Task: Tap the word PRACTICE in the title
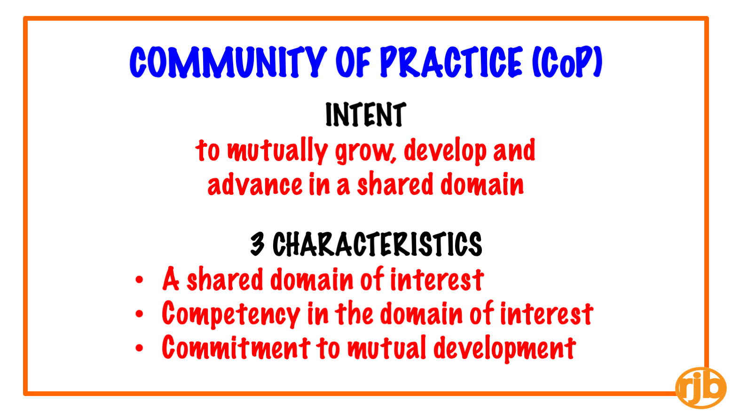pos(451,62)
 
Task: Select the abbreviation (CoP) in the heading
pos(567,62)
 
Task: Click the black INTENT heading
pos(366,114)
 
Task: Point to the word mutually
pos(277,151)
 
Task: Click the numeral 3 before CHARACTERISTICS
pos(257,244)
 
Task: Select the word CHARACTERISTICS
pos(377,244)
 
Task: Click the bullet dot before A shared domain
pos(139,280)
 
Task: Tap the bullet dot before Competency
pos(139,314)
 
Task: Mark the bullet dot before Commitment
pos(139,348)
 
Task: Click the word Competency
pos(231,315)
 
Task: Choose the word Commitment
pos(236,347)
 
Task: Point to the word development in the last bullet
pos(504,349)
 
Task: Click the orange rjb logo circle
pos(701,388)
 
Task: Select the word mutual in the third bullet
pos(386,348)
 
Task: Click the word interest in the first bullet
pos(437,279)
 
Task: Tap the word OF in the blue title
pos(353,62)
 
